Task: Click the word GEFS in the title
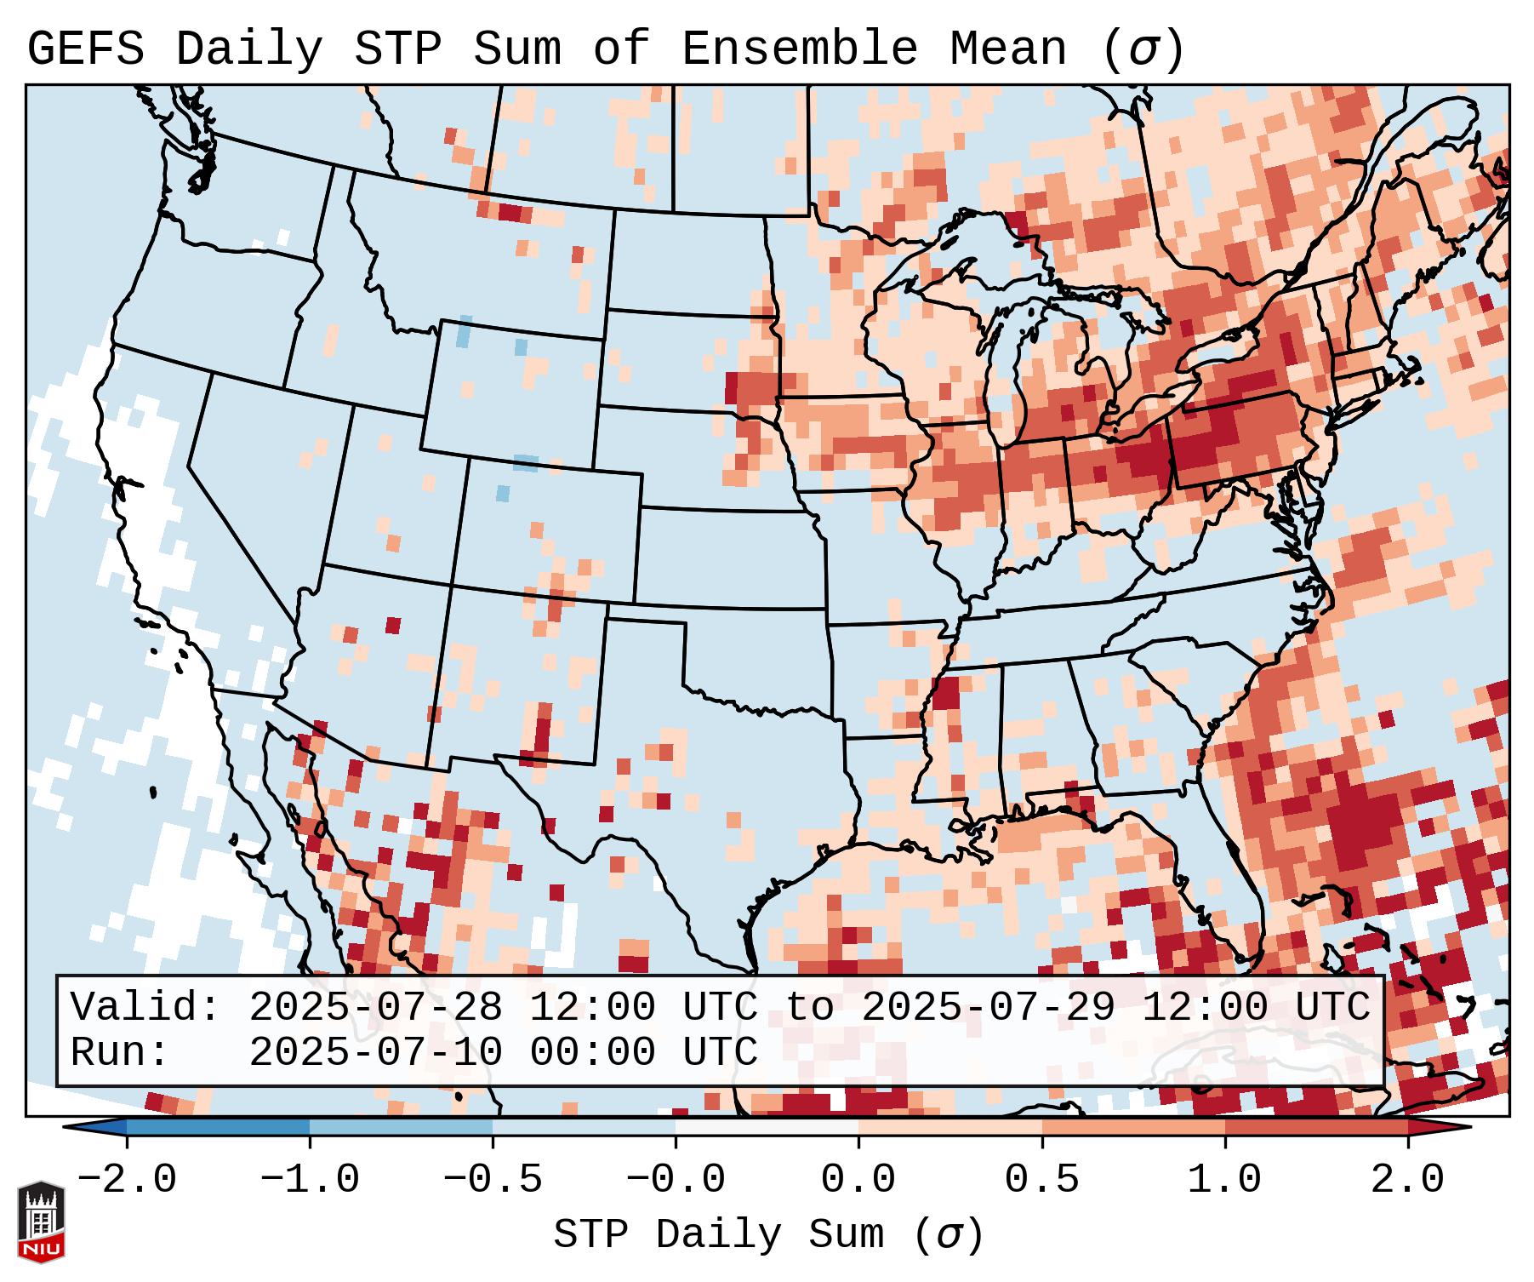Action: click(x=86, y=49)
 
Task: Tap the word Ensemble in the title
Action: click(x=799, y=49)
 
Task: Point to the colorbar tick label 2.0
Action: click(x=1407, y=1180)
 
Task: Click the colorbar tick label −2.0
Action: click(x=127, y=1180)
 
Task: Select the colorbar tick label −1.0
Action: click(x=310, y=1180)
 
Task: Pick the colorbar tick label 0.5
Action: click(x=1041, y=1180)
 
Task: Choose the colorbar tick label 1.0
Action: click(x=1224, y=1180)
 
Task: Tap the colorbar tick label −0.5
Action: click(x=493, y=1180)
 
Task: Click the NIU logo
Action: click(x=41, y=1222)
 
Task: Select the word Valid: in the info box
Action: click(x=145, y=1008)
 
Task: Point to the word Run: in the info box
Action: click(x=120, y=1052)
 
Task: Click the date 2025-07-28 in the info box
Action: click(x=375, y=1008)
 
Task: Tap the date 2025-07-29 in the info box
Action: click(x=988, y=1008)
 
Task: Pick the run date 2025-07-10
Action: click(x=375, y=1052)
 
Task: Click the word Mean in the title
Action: click(x=1007, y=49)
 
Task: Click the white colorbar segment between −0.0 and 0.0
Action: click(x=767, y=1128)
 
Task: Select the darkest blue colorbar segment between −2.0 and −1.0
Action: click(x=218, y=1128)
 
